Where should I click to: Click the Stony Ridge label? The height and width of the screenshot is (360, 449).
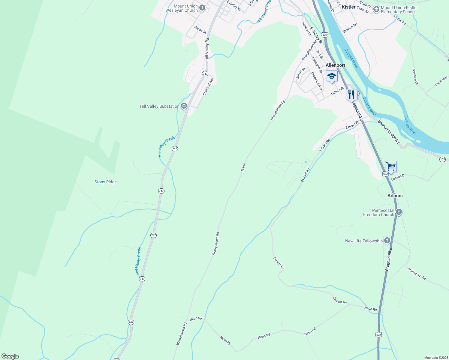click(105, 182)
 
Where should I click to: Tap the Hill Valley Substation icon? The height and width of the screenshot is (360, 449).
click(184, 106)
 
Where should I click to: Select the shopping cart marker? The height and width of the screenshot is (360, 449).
click(391, 166)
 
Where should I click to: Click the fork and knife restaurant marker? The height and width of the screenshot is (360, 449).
click(351, 94)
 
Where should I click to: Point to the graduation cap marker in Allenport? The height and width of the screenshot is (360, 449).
click(331, 76)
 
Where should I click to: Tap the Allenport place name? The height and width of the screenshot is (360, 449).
click(335, 65)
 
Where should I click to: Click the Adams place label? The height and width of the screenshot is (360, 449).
click(395, 196)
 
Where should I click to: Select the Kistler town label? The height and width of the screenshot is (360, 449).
click(348, 7)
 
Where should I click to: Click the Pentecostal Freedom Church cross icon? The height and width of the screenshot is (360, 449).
click(399, 212)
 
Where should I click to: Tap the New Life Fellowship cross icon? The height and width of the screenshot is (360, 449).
click(387, 241)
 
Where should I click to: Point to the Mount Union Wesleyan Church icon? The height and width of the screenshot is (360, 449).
click(202, 8)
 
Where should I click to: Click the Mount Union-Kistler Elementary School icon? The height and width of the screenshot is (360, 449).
click(376, 10)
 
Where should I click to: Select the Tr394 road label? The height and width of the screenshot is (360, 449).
click(243, 167)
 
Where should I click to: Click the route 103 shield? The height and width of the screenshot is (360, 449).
click(442, 159)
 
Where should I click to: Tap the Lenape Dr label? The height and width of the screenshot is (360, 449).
click(398, 177)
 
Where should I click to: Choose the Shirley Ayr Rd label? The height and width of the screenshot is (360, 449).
click(417, 274)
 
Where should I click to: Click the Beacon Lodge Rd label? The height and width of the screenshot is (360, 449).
click(389, 132)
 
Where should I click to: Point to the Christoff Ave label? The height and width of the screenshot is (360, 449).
click(208, 87)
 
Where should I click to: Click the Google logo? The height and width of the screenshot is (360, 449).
click(10, 356)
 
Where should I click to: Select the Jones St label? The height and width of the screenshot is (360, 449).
click(200, 30)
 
